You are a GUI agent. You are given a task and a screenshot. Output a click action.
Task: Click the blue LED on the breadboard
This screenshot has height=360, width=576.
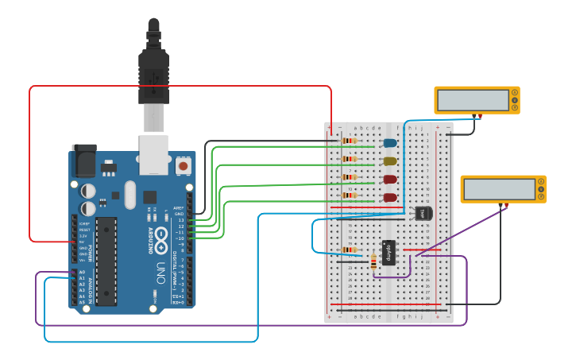pyautogui.click(x=389, y=143)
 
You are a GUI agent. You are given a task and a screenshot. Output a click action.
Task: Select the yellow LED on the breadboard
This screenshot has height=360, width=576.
pyautogui.click(x=389, y=161)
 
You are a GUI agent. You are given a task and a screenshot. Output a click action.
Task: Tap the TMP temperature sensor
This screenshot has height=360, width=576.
pyautogui.click(x=424, y=213)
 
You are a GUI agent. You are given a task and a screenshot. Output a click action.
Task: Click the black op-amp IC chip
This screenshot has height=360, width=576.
pyautogui.click(x=389, y=252)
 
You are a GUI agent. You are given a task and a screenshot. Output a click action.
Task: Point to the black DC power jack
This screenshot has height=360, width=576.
pyautogui.click(x=83, y=162)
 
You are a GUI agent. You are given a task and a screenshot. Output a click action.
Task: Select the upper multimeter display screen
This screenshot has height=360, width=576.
pyautogui.click(x=474, y=100)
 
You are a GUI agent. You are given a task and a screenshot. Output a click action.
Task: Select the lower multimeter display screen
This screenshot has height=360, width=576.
pyautogui.click(x=500, y=189)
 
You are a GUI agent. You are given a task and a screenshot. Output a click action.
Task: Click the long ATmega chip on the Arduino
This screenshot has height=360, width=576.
pyautogui.click(x=106, y=259)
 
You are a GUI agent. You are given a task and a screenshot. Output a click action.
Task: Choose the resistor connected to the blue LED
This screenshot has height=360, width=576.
pyautogui.click(x=349, y=141)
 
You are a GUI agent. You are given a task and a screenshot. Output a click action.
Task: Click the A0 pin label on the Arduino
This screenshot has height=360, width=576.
pyautogui.click(x=82, y=273)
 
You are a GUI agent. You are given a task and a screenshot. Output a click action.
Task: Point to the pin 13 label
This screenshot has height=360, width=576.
pyautogui.click(x=180, y=220)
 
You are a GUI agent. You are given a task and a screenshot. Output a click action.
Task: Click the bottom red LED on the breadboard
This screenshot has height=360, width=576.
pyautogui.click(x=389, y=197)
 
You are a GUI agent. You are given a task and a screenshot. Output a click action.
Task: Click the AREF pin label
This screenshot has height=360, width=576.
pyautogui.click(x=179, y=207)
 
